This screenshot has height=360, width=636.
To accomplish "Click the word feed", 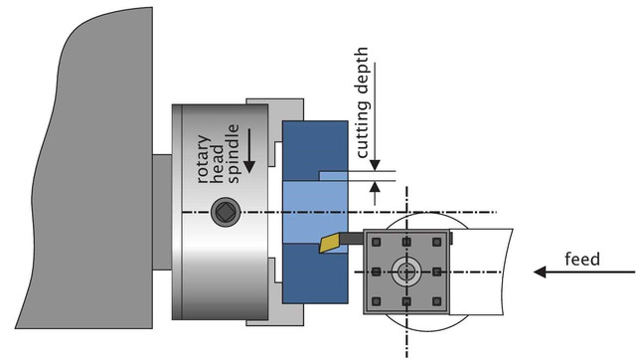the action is click(x=582, y=259).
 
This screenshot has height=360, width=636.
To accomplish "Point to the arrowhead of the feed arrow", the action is click(x=540, y=271).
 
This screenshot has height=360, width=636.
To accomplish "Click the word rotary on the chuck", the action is click(x=204, y=159).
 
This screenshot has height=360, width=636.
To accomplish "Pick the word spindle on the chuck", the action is click(x=233, y=154).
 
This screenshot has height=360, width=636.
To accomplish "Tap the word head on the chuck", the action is click(x=218, y=163).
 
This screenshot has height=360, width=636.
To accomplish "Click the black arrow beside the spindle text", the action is click(x=248, y=151).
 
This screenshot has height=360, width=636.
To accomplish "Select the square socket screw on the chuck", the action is click(x=226, y=212).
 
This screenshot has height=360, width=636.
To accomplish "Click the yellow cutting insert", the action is click(x=329, y=243).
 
